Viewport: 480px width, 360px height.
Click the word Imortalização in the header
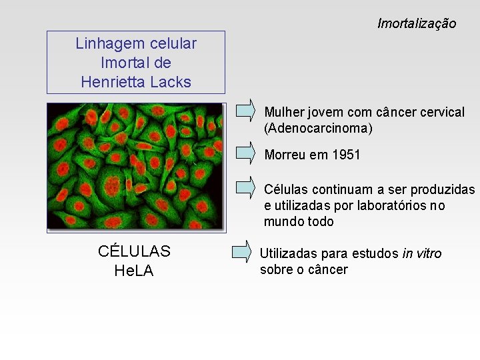click(417, 24)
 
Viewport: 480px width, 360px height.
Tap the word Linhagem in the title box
click(107, 44)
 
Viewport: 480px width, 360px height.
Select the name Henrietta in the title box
click(114, 82)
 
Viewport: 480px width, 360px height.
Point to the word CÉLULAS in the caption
click(134, 251)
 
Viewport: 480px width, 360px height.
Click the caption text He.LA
click(134, 271)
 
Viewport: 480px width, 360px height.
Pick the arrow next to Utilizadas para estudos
click(241, 252)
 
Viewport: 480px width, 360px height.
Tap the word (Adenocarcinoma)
click(319, 127)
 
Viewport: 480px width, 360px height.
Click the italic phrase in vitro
click(422, 253)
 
